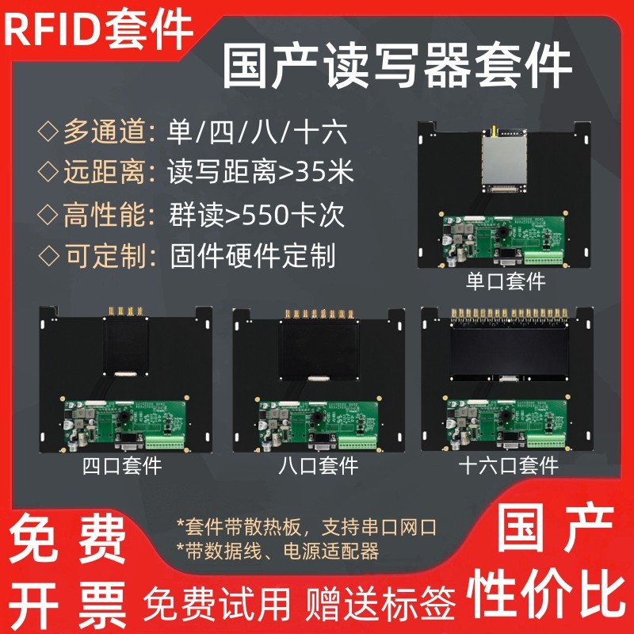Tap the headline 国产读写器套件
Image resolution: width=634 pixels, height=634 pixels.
coord(397,66)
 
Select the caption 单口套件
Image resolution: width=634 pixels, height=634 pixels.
coord(506,281)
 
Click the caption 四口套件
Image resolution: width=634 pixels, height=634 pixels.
coord(122,466)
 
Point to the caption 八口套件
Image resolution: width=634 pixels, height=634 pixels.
coord(319,466)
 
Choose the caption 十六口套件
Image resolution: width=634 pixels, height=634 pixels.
coord(508,466)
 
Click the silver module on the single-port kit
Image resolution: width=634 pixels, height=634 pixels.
coord(505,160)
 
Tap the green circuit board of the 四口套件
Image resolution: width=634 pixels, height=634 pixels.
coord(125,424)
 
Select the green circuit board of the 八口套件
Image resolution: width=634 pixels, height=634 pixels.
coord(319,424)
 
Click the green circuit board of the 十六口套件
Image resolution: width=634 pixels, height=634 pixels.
coord(506,423)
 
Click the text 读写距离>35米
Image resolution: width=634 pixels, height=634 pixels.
coord(261,172)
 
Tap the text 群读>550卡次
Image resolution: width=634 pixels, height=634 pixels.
coord(256,215)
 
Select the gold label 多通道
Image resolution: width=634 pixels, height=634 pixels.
coord(104,132)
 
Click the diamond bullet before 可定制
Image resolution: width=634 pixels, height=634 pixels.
coord(48,255)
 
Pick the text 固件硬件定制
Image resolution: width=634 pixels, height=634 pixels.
coord(253,256)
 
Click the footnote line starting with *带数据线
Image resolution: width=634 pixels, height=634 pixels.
coord(278,551)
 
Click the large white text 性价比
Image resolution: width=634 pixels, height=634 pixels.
coord(547,593)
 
